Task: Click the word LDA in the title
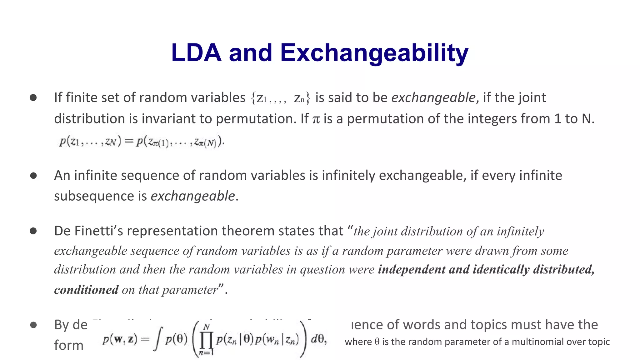[x=196, y=52]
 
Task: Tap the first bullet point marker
[x=33, y=98]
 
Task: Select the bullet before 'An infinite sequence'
[x=33, y=176]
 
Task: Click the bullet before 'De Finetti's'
[x=33, y=231]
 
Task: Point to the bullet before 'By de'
[x=33, y=325]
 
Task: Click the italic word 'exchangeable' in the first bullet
[x=433, y=98]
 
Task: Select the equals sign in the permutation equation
[x=129, y=142]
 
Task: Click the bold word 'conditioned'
[x=86, y=290]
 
